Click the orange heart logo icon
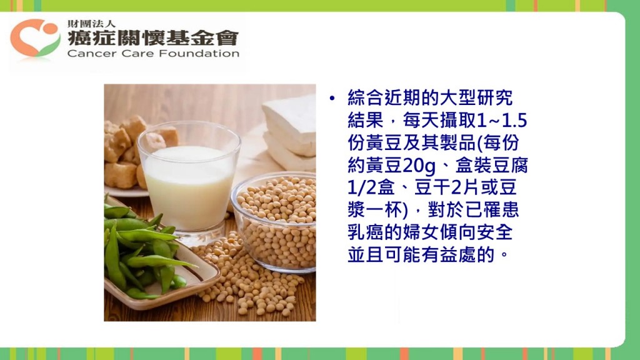point(36,37)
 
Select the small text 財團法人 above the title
point(91,24)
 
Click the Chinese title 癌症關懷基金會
point(153,38)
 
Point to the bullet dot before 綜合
point(332,98)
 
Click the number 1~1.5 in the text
point(502,121)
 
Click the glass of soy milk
point(189,183)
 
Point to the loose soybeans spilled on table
point(245,277)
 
